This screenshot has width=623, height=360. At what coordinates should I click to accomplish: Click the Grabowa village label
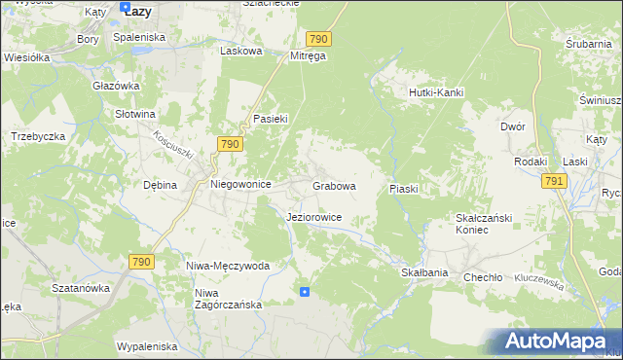point(334,185)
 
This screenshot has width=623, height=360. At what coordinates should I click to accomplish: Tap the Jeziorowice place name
point(313,217)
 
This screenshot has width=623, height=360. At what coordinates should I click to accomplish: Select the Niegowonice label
point(240,183)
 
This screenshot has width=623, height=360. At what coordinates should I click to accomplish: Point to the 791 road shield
point(554,182)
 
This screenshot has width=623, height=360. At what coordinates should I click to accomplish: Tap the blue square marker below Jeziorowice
point(305,291)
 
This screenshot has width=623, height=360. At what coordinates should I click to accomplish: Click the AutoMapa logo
point(556,342)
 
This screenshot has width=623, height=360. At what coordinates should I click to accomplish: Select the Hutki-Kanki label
point(434,92)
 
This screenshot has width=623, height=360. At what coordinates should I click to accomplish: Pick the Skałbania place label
point(424,273)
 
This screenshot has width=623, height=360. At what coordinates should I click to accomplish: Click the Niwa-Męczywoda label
point(228,265)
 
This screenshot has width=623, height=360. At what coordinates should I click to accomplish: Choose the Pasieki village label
point(269,118)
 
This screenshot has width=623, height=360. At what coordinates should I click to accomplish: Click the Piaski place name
point(404,188)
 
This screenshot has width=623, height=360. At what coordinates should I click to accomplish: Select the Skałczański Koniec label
point(479,224)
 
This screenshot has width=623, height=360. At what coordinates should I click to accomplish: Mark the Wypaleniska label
point(146,346)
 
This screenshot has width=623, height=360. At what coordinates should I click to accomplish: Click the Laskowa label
point(241,51)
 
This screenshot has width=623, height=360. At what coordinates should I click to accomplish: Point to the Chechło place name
point(483,276)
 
